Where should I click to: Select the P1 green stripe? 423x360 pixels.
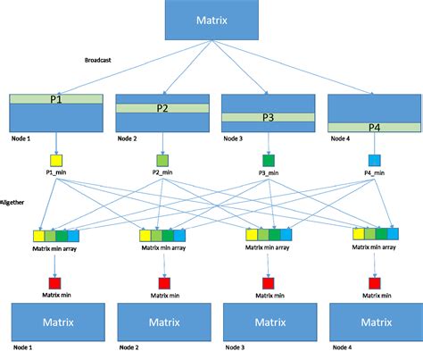(x=54, y=98)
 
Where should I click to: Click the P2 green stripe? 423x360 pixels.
(x=162, y=107)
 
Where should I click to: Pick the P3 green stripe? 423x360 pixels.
(x=267, y=116)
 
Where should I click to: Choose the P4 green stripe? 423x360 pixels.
(x=373, y=127)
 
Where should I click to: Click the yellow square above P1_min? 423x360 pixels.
(x=56, y=161)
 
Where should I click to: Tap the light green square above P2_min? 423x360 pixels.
(x=162, y=161)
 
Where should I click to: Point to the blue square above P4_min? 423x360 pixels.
(x=373, y=161)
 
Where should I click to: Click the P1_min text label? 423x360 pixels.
(x=56, y=174)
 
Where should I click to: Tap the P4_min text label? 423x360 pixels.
(x=373, y=174)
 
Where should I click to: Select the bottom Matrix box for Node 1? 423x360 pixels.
(x=54, y=320)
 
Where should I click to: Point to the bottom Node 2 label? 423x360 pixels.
(x=130, y=349)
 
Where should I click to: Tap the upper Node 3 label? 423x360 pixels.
(x=236, y=138)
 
